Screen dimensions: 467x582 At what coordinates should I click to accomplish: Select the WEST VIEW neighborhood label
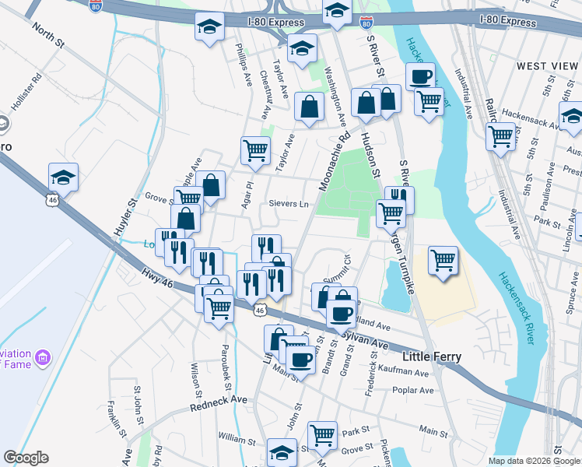pos(542,66)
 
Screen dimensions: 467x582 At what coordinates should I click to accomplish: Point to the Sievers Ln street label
pos(289,204)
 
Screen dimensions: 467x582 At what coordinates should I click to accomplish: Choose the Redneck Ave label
pos(219,403)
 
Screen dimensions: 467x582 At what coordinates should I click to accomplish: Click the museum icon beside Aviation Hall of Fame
pos(42,359)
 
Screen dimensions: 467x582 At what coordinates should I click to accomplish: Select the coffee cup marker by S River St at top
pos(420,76)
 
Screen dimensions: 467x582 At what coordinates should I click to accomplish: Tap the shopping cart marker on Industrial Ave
pos(501,137)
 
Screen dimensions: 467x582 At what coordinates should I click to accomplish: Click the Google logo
pos(26,458)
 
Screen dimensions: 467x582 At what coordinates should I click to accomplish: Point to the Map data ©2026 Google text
pos(534,461)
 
